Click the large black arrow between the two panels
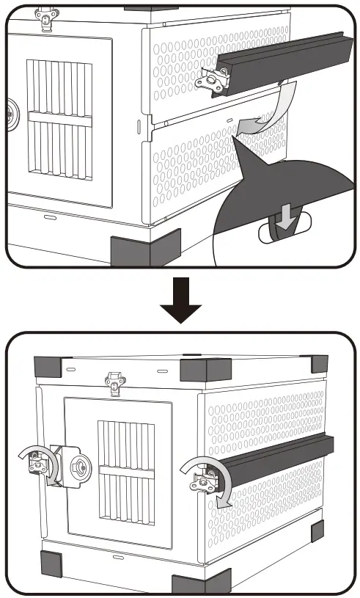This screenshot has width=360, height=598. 180,302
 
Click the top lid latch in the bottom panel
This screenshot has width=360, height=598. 114,382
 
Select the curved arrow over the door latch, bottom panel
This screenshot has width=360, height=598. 32,455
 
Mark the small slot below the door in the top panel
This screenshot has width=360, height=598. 49,218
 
